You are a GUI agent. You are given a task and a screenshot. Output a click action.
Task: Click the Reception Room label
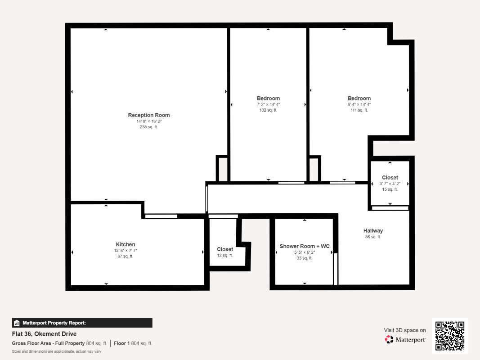(x=149, y=115)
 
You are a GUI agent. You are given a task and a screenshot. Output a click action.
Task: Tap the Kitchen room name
(x=125, y=244)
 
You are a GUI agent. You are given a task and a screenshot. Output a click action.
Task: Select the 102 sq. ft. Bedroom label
(x=268, y=98)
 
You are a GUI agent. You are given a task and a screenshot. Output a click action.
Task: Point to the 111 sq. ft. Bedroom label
(x=359, y=98)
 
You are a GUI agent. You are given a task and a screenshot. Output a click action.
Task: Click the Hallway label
(x=373, y=230)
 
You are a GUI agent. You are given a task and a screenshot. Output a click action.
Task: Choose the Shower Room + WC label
(x=304, y=246)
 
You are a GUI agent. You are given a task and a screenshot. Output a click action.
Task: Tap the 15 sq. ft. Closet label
(x=390, y=178)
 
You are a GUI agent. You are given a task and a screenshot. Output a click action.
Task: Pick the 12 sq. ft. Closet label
(x=224, y=249)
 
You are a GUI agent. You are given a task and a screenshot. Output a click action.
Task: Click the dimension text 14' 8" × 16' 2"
(x=149, y=121)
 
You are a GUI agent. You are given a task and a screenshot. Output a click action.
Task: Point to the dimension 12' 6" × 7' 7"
(x=126, y=250)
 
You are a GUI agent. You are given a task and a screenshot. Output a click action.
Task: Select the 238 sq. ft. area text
(x=148, y=127)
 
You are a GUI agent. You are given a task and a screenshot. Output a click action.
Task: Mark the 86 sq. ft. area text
(x=373, y=237)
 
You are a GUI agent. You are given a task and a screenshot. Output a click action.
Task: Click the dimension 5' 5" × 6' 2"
(x=305, y=252)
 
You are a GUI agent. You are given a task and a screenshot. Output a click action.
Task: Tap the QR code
(x=450, y=336)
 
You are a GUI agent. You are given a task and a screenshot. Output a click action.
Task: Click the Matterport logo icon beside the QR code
(x=389, y=339)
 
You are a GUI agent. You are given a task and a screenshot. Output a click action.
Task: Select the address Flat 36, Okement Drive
(x=44, y=333)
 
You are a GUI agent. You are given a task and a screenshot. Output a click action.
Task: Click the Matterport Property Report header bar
(x=82, y=323)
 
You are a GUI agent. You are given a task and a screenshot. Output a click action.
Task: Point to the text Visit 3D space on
(x=405, y=330)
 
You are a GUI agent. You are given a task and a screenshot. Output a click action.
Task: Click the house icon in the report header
(x=17, y=323)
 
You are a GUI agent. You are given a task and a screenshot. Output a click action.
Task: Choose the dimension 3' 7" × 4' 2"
(x=390, y=184)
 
